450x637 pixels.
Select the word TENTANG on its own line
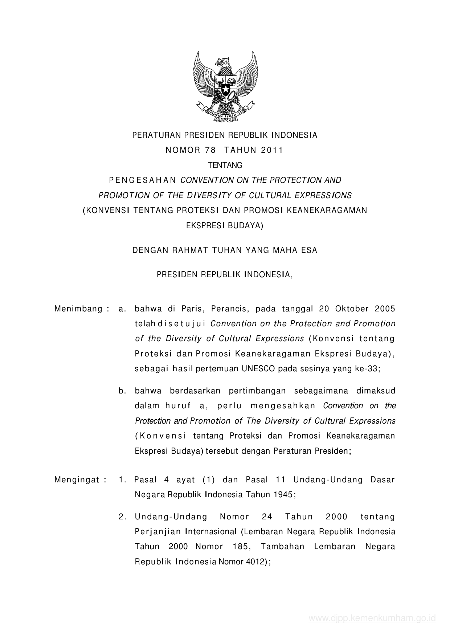[225, 166]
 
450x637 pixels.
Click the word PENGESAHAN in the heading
[143, 180]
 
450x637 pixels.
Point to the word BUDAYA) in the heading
[245, 226]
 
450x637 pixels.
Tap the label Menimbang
[78, 309]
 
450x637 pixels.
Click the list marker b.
[122, 391]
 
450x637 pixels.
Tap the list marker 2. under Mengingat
[122, 517]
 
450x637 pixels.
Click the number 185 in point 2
[240, 547]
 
